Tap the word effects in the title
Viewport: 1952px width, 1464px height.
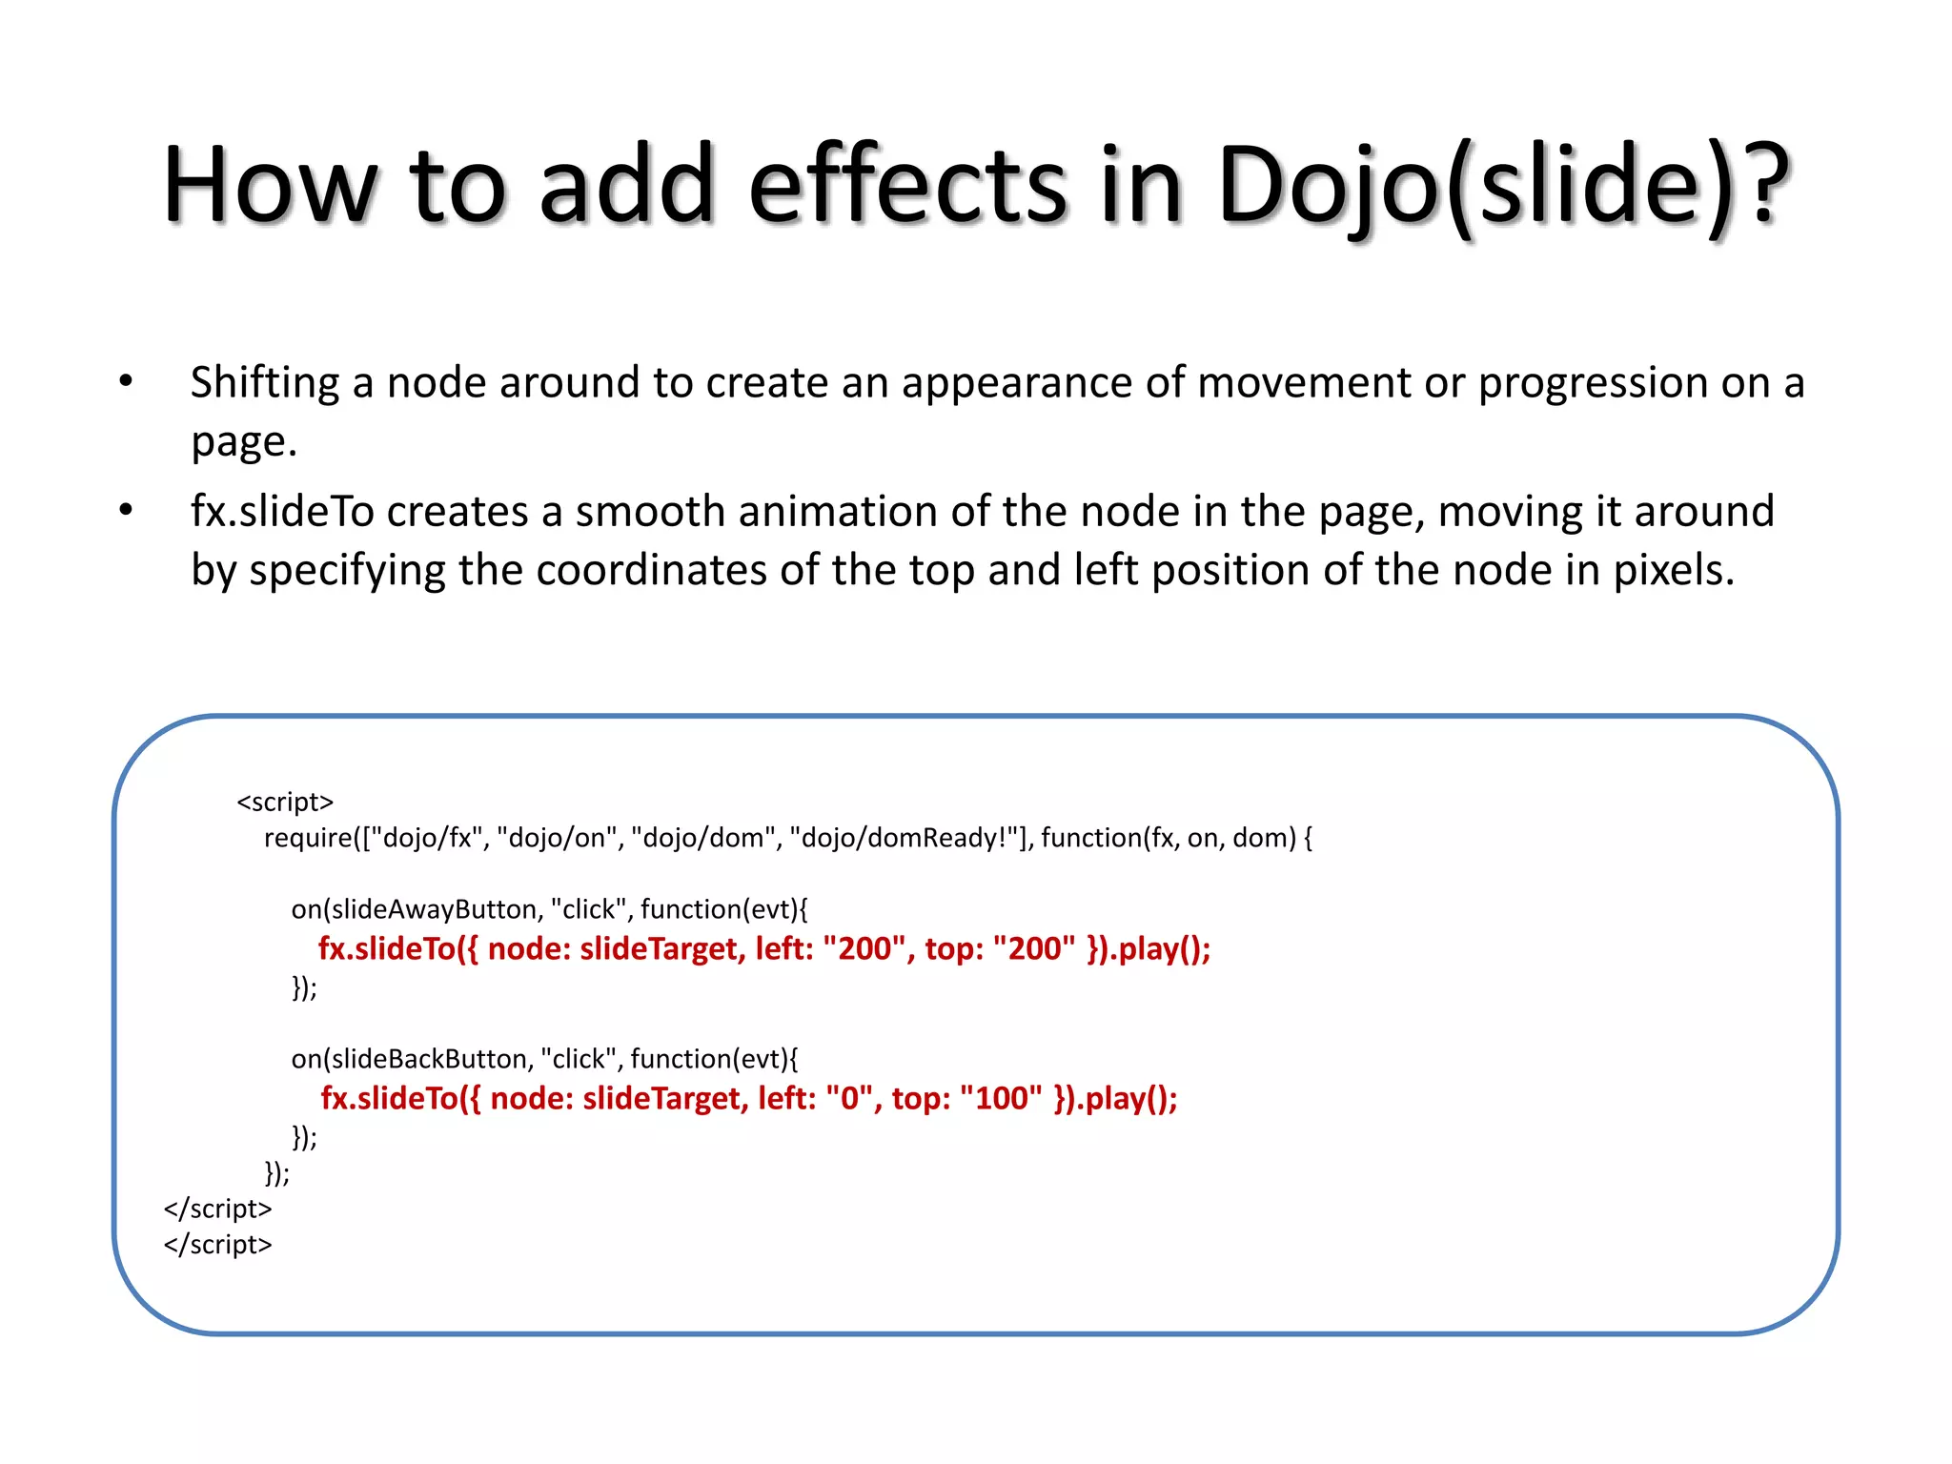(907, 186)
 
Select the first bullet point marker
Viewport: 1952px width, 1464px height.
(126, 382)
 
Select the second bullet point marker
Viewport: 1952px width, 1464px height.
(126, 511)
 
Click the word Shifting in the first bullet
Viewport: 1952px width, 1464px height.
(264, 383)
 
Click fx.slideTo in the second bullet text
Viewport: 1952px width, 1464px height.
(282, 512)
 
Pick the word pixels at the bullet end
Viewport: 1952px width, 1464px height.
(1673, 570)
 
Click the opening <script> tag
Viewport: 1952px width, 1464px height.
(285, 802)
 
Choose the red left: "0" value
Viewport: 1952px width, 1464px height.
(819, 1099)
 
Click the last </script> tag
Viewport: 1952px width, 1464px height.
(218, 1245)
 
